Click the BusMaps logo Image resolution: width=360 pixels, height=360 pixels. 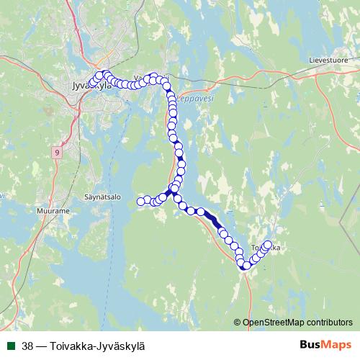[325, 345]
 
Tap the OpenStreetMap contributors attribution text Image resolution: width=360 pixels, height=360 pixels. [298, 322]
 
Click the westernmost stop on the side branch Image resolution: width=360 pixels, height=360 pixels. [141, 202]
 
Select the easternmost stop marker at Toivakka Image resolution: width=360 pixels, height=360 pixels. [269, 244]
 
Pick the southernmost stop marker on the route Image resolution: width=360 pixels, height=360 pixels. [245, 266]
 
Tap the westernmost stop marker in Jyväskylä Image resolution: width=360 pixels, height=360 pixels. [90, 81]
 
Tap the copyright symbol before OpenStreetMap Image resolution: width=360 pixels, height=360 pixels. [238, 322]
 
